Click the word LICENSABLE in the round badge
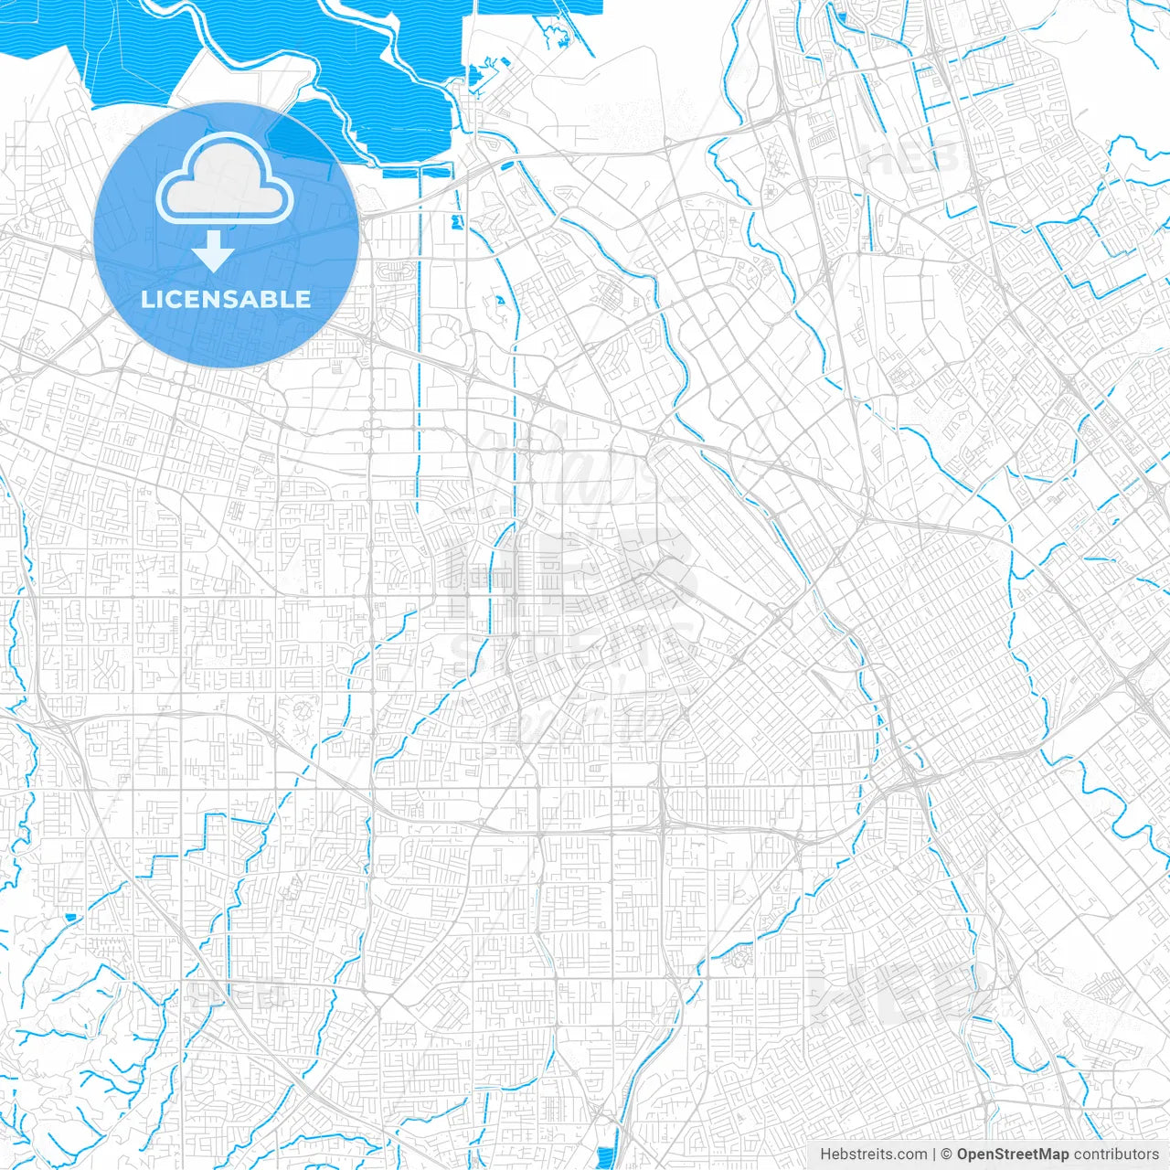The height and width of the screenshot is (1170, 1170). (x=226, y=299)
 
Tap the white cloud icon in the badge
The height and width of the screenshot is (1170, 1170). (x=225, y=179)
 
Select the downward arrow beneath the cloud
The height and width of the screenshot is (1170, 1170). (x=214, y=250)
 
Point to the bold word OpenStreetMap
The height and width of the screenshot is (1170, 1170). (x=1012, y=1154)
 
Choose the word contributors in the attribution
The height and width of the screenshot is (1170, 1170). (x=1116, y=1154)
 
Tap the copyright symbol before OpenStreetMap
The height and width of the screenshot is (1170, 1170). (x=946, y=1154)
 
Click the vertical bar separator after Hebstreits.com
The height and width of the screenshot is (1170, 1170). (x=934, y=1154)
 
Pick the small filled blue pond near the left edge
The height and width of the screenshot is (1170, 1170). (x=70, y=916)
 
